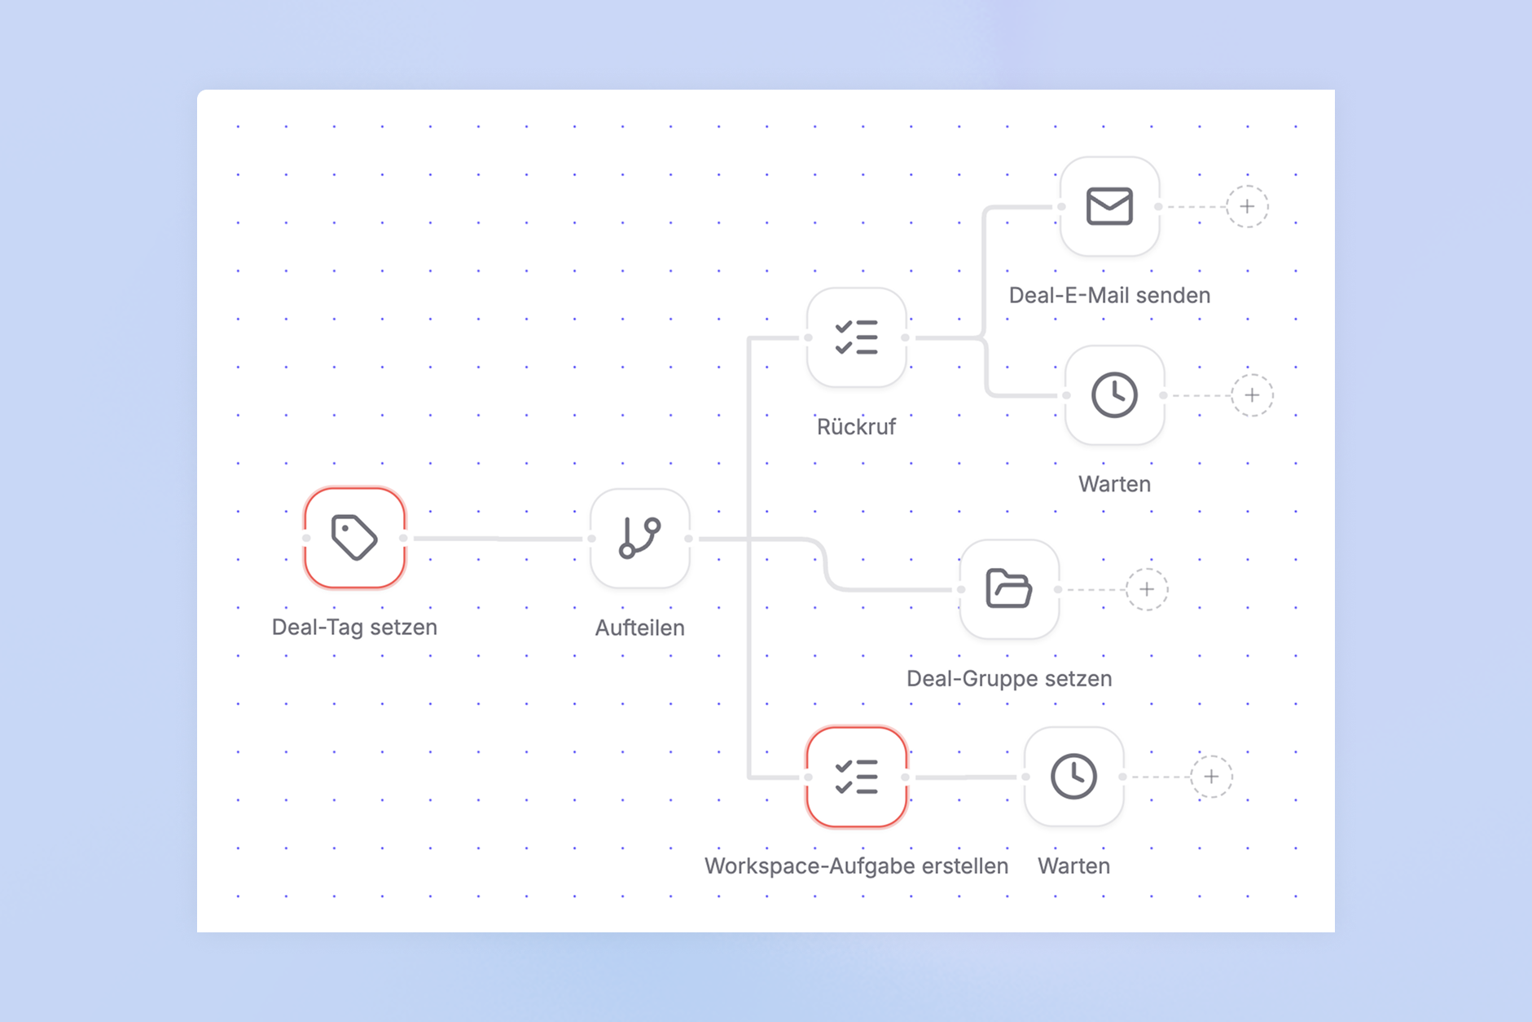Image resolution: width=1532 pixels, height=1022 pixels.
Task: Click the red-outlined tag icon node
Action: pyautogui.click(x=354, y=538)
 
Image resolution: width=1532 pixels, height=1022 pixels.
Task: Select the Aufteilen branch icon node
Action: pyautogui.click(x=640, y=538)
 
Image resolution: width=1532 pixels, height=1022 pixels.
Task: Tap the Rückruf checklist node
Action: pyautogui.click(x=856, y=337)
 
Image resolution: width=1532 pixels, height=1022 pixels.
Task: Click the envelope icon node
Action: pyautogui.click(x=1109, y=206)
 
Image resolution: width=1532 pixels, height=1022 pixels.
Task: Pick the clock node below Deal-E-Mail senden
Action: pyautogui.click(x=1114, y=395)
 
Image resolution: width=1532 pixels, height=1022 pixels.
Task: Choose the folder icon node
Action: pyautogui.click(x=1009, y=588)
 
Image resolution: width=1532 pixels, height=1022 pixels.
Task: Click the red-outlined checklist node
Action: pyautogui.click(x=856, y=777)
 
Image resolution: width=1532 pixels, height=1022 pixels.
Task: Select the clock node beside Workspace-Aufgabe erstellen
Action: pyautogui.click(x=1073, y=777)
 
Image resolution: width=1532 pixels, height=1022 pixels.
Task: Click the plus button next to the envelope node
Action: pyautogui.click(x=1247, y=206)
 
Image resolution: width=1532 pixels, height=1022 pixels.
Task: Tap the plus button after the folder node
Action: pyautogui.click(x=1147, y=589)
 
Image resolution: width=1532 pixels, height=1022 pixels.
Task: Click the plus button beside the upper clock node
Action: pyautogui.click(x=1252, y=395)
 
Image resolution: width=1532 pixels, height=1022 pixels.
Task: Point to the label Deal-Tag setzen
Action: pyautogui.click(x=354, y=627)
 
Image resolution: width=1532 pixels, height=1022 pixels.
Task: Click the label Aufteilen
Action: pyautogui.click(x=640, y=628)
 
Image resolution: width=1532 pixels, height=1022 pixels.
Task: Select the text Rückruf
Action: pyautogui.click(x=856, y=426)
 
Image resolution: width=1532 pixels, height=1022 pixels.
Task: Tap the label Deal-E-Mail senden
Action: pyautogui.click(x=1109, y=295)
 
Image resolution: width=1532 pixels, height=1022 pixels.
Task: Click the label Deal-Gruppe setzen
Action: pyautogui.click(x=1009, y=678)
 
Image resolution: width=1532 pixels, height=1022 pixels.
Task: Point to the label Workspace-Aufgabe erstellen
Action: pyautogui.click(x=856, y=866)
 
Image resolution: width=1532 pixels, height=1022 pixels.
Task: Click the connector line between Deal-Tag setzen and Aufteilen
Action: pyautogui.click(x=498, y=539)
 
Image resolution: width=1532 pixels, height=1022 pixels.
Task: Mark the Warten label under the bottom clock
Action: pyautogui.click(x=1073, y=866)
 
